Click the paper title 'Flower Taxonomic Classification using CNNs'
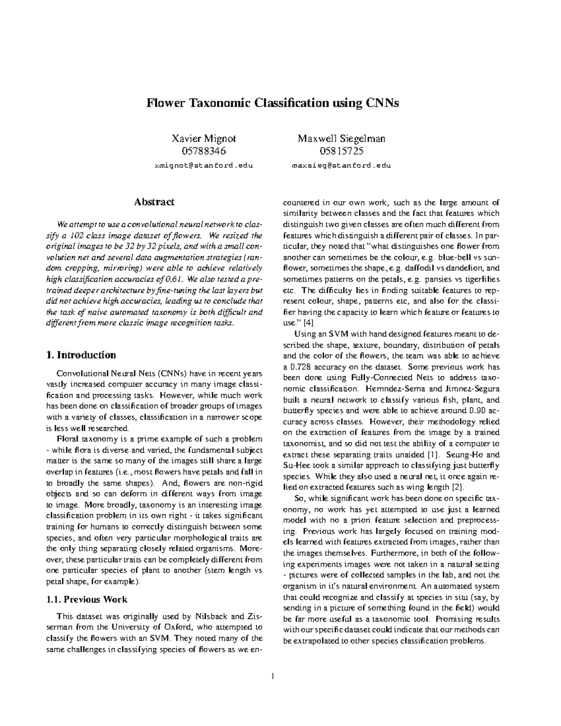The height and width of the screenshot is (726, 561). pyautogui.click(x=273, y=103)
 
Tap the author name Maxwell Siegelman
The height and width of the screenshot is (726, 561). pyautogui.click(x=342, y=139)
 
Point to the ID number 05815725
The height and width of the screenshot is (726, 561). pyautogui.click(x=342, y=151)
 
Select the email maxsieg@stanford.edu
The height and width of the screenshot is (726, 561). pyautogui.click(x=342, y=165)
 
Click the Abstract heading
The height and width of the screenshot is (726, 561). pyautogui.click(x=154, y=202)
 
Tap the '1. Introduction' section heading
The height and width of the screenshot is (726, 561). pyautogui.click(x=81, y=355)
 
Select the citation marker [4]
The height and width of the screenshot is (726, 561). pyautogui.click(x=309, y=322)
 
